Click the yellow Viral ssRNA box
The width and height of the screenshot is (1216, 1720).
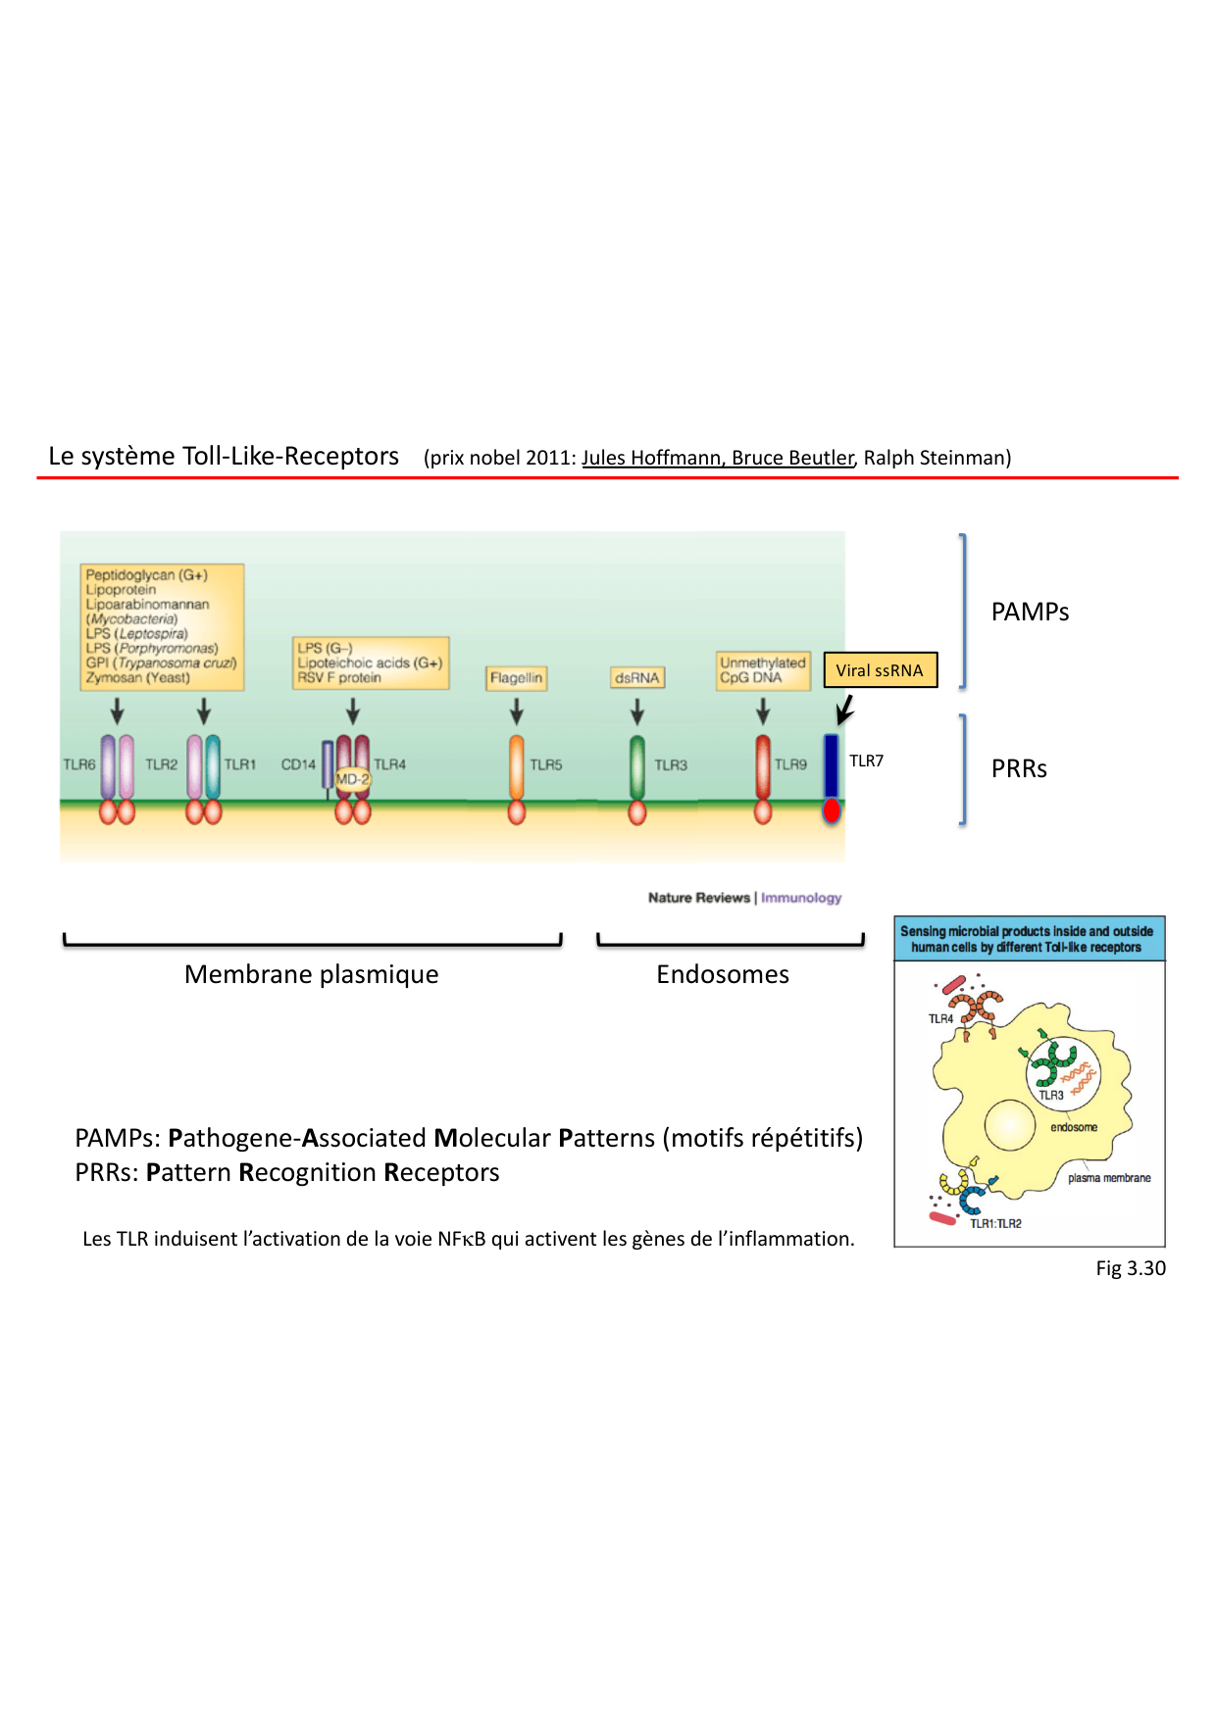[880, 670]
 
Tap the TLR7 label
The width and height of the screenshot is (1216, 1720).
[866, 761]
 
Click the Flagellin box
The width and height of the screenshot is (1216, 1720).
[516, 677]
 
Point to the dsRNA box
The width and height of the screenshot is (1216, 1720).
[637, 677]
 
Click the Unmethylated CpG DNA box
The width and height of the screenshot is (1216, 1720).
[762, 669]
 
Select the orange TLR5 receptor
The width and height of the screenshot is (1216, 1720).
[517, 767]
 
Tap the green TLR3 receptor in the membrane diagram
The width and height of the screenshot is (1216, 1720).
[637, 767]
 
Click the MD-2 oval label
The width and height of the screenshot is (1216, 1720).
[352, 779]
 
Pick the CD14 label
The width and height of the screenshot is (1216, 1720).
[298, 764]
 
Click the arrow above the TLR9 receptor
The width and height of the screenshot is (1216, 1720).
[763, 711]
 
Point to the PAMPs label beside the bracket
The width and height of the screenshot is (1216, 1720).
[1030, 612]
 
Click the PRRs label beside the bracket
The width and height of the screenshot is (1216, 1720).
[1019, 768]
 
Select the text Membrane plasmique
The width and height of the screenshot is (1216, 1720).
[311, 974]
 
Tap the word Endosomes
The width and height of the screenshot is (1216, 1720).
[723, 974]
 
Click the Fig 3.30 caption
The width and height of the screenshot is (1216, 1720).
[1131, 1268]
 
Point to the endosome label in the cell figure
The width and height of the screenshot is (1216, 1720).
[1074, 1127]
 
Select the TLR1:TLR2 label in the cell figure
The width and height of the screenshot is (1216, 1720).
[995, 1223]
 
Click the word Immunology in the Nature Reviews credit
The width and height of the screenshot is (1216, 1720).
[801, 898]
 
